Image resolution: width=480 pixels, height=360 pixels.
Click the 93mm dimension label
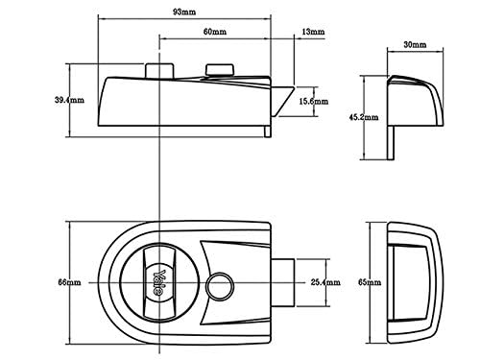(184, 12)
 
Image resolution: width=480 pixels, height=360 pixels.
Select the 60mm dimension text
(215, 32)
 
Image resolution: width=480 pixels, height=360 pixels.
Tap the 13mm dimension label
(313, 32)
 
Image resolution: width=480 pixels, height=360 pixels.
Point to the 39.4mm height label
(69, 100)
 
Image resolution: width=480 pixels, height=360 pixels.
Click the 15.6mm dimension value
(314, 102)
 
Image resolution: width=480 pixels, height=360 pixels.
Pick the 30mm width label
(415, 44)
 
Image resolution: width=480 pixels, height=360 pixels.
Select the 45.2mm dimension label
(364, 117)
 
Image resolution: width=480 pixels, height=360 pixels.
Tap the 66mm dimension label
(69, 282)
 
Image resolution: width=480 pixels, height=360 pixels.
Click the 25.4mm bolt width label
(325, 282)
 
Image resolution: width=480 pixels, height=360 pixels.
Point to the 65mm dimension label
(370, 282)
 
